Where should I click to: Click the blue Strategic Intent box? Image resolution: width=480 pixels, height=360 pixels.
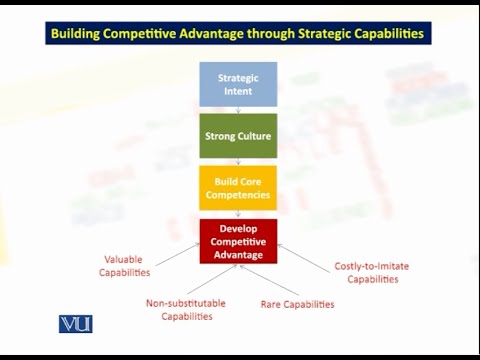(238, 84)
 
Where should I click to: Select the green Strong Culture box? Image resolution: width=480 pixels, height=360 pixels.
(238, 136)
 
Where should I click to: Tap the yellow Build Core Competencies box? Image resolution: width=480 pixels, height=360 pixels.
(238, 188)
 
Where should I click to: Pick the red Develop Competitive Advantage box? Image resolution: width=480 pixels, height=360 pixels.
(238, 241)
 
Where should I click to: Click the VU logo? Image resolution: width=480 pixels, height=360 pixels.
(75, 323)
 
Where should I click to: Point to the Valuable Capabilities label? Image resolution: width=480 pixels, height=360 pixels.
(127, 265)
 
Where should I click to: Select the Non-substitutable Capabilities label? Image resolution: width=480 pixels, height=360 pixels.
(185, 309)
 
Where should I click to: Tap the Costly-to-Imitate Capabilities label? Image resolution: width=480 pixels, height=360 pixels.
(371, 272)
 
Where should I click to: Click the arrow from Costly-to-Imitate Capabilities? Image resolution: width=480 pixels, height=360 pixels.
(305, 255)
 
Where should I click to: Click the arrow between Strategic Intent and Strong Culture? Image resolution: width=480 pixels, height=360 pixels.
(238, 110)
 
